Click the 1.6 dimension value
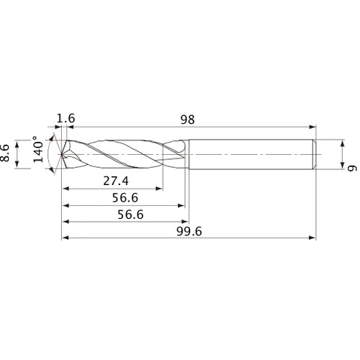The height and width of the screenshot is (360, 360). [66, 118]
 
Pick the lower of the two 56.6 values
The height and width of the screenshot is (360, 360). [122, 215]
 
